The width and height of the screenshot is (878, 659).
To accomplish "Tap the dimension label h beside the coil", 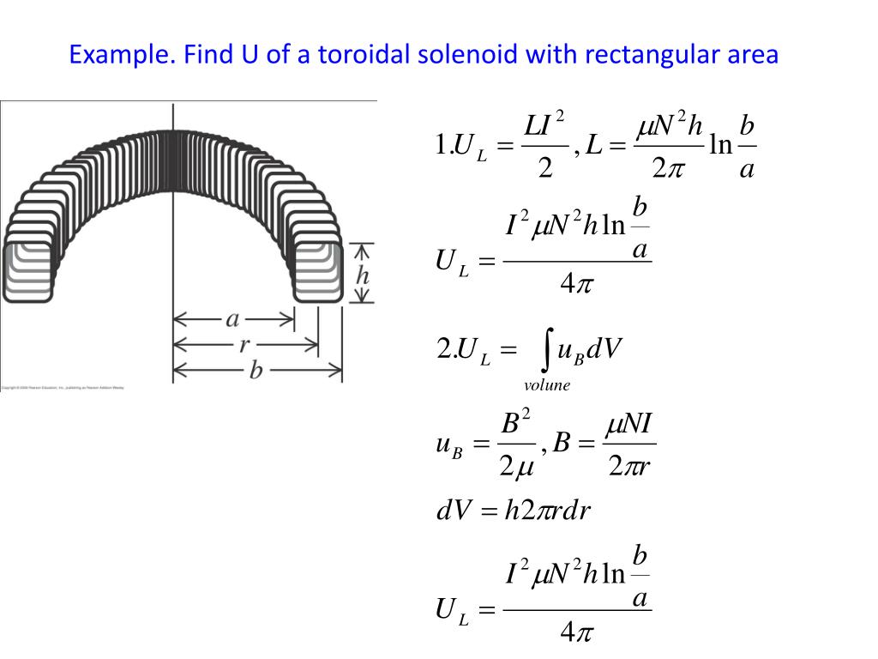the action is point(363,275).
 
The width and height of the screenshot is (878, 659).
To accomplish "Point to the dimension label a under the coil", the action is point(232,319).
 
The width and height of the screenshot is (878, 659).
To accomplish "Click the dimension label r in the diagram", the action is point(245,345).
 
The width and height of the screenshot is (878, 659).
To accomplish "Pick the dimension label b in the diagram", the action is point(256,371).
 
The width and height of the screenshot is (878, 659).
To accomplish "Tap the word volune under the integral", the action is point(547,385).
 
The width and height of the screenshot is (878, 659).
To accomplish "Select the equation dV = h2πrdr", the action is point(514,511).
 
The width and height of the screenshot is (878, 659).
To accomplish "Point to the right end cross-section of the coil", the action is point(318,272).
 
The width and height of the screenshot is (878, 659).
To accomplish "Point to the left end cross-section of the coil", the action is point(27,272).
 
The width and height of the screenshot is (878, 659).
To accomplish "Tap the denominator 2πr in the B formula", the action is point(630,468).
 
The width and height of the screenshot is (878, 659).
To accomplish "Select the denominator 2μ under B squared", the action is point(516,468).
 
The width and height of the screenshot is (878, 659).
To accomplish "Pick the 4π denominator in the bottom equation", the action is point(577,633).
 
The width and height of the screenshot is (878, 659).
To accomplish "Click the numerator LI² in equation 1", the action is point(544,125).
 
